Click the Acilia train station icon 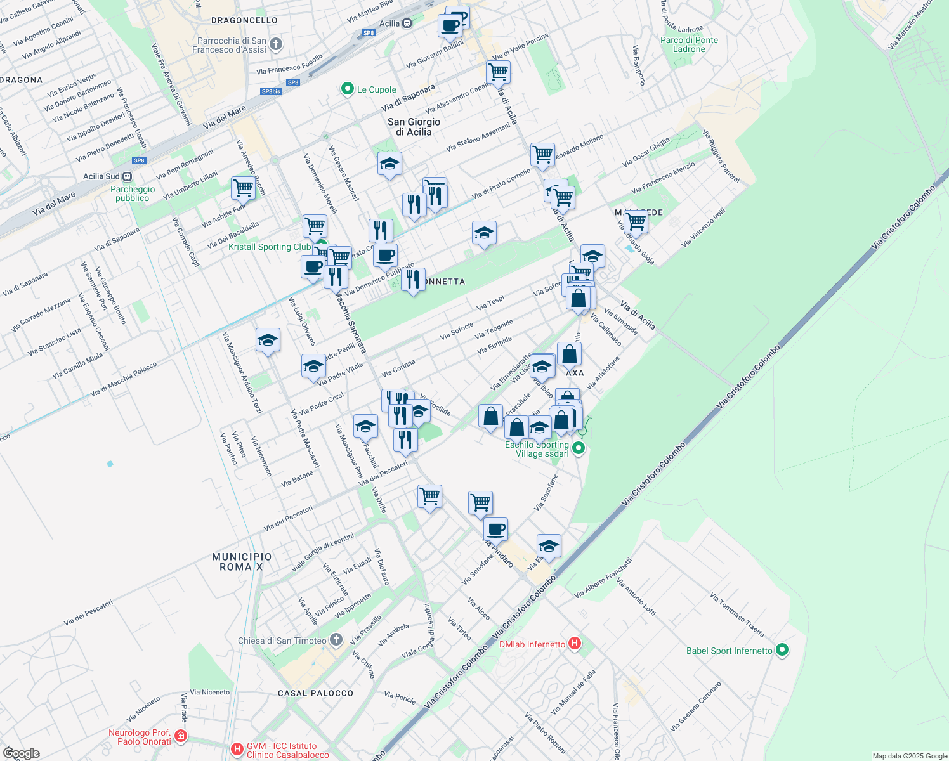tap(407, 23)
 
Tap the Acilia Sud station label tap(101, 176)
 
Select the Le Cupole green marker tap(347, 89)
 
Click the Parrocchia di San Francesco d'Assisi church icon tap(275, 44)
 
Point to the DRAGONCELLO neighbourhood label tap(244, 20)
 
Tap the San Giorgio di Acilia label tap(414, 127)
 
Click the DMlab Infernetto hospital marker tap(575, 644)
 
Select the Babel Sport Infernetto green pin tap(782, 650)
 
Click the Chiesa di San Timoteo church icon tap(336, 640)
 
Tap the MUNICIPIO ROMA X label tap(242, 562)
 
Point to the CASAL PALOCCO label tap(315, 693)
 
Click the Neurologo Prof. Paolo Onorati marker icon tap(181, 736)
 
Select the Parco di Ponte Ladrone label tap(689, 44)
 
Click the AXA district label tap(575, 373)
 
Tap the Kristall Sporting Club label tap(270, 247)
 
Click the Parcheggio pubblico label tap(133, 193)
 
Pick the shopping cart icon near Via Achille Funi tap(243, 188)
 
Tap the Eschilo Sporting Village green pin tap(578, 449)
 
